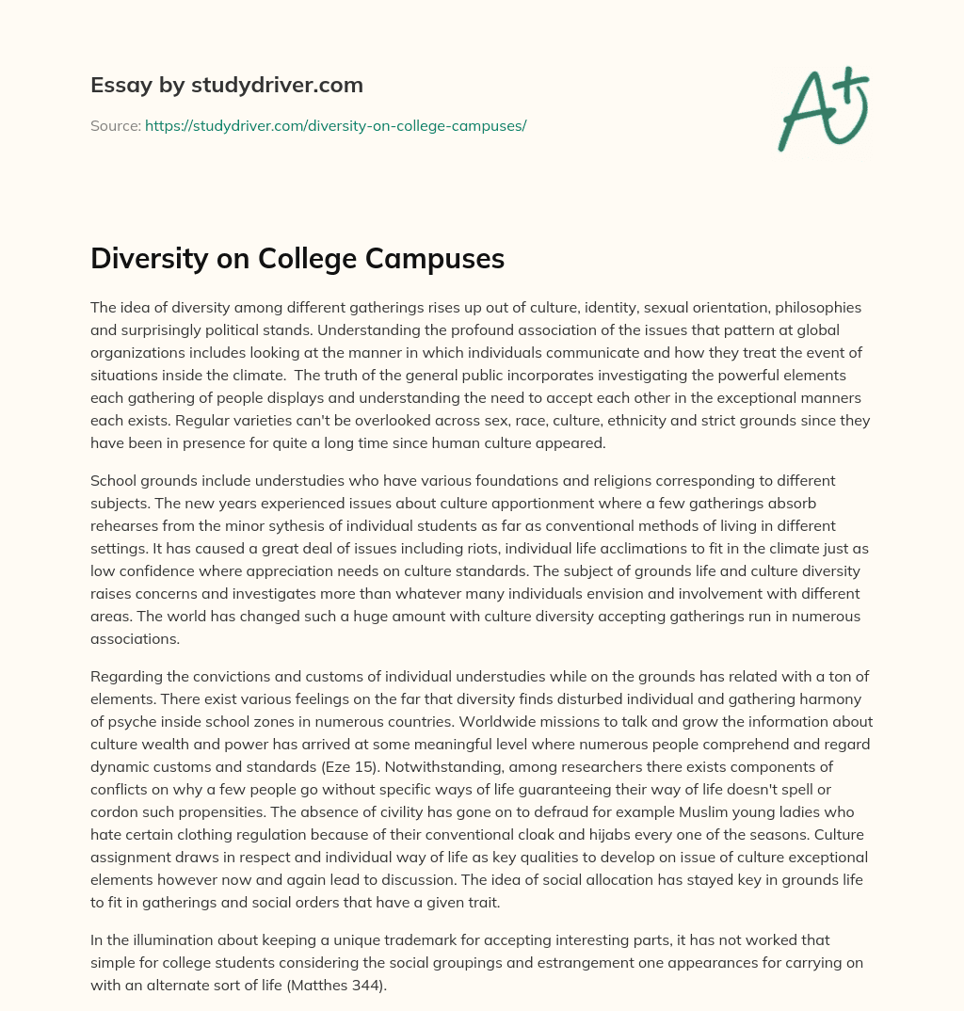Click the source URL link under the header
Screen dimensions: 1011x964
click(x=335, y=125)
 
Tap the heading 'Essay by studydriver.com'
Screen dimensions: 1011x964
click(x=227, y=86)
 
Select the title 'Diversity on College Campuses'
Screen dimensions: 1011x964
click(x=297, y=259)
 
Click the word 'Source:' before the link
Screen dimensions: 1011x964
click(x=115, y=125)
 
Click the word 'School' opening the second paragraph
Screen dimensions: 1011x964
click(x=112, y=480)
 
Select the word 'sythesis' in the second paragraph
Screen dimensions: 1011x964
click(x=345, y=525)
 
